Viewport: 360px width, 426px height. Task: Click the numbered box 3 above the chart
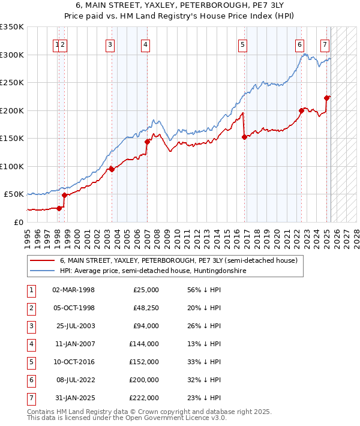(x=110, y=44)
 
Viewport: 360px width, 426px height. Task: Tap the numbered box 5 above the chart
(x=242, y=44)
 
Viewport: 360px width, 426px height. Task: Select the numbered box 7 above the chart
(x=325, y=44)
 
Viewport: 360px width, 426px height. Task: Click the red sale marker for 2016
(x=244, y=137)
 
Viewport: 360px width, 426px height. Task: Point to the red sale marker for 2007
(x=147, y=142)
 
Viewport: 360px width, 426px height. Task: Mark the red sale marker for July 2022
(x=301, y=110)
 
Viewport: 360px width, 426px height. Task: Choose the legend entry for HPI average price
(x=153, y=271)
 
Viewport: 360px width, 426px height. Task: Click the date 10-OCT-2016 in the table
(x=74, y=362)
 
